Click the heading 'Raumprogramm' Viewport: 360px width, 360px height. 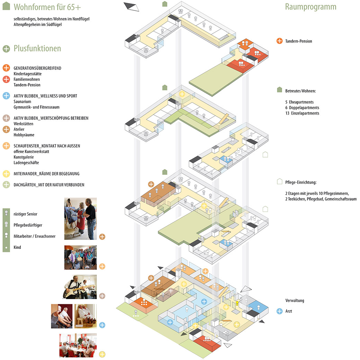coord(310,7)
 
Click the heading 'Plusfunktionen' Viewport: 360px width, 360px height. coord(37,48)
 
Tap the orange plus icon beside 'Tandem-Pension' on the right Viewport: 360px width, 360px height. coord(280,41)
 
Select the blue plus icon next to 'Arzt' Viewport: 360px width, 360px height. coord(280,311)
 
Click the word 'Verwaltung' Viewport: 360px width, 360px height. coord(295,300)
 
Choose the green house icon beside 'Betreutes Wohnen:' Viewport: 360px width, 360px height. coord(279,90)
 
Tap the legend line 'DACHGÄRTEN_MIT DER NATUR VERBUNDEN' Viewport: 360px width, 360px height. coord(49,185)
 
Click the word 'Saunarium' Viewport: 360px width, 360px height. coord(22,101)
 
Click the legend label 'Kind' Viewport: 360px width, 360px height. coord(17,247)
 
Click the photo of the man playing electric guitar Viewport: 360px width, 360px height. coord(80,287)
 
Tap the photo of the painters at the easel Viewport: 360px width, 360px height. coord(80,218)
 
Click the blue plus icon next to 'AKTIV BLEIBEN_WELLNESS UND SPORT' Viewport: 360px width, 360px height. coord(6,96)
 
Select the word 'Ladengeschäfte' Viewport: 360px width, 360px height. coord(26,163)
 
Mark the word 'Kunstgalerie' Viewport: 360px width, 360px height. coord(24,157)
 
